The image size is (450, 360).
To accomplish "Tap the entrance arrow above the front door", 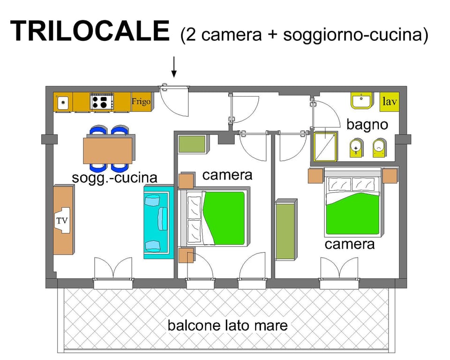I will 174,67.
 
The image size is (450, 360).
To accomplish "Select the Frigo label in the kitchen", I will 141,102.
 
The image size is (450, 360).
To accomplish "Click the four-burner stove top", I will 102,102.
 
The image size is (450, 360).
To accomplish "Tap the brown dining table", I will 109,150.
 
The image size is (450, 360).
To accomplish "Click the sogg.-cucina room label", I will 114,178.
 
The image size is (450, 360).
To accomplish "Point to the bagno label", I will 367,124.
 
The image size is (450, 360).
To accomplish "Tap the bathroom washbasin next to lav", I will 361,100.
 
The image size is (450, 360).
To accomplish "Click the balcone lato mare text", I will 228,325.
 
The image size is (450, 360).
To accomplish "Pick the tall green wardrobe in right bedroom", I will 285,230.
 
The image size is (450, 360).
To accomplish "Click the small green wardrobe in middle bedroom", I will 192,144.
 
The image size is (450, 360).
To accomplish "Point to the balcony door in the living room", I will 113,270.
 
